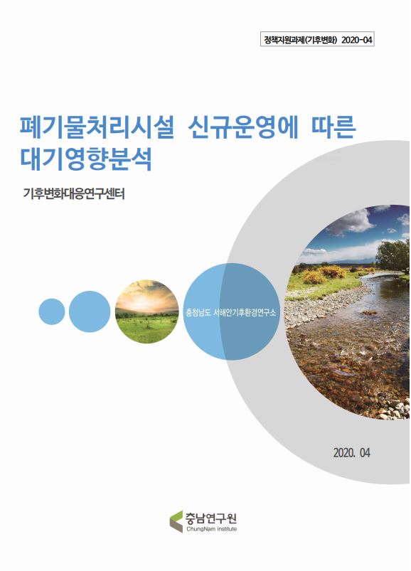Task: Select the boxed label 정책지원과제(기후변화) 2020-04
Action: (316, 40)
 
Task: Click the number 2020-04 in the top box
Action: (356, 40)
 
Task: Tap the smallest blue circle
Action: (51, 311)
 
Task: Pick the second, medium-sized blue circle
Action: (89, 311)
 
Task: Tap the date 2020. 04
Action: (351, 452)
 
